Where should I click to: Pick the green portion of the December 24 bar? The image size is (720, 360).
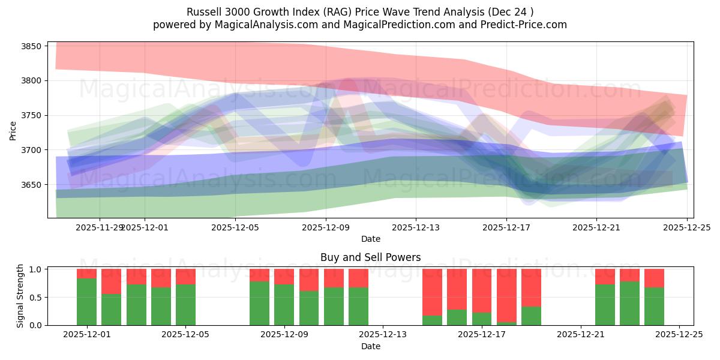[x=654, y=306]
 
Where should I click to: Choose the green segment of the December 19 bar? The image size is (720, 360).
[x=531, y=316]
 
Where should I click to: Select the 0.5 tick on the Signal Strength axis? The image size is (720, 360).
[x=35, y=298]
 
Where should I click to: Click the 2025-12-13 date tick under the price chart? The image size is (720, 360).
[x=416, y=227]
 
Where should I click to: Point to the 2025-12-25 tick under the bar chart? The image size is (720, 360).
[x=679, y=335]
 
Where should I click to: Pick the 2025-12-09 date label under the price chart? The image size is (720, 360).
[x=326, y=227]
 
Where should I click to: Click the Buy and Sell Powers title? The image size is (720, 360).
[x=370, y=257]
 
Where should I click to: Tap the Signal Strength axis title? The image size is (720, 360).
[x=20, y=296]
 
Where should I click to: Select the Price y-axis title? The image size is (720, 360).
[x=13, y=130]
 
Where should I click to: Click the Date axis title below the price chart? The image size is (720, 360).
[x=370, y=239]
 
